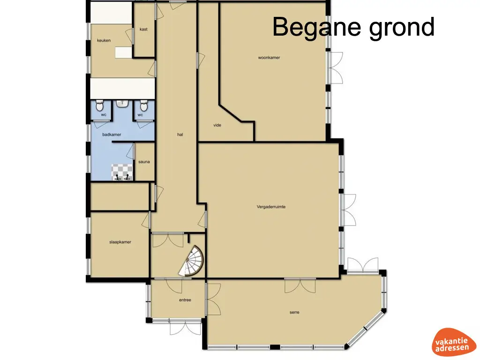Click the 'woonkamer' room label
[x=269, y=58]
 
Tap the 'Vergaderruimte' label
[x=271, y=207]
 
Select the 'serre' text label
[x=294, y=313]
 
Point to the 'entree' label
[x=185, y=300]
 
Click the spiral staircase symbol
[x=192, y=263]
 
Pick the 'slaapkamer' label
[x=120, y=242]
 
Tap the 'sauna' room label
[x=144, y=162]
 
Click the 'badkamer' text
[x=112, y=135]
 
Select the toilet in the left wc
[x=100, y=106]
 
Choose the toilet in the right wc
[x=143, y=106]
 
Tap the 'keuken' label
[x=104, y=40]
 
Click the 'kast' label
[x=143, y=29]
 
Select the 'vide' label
[x=217, y=125]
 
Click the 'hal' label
[x=180, y=135]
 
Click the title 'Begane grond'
[x=353, y=27]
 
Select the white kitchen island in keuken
[x=124, y=52]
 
